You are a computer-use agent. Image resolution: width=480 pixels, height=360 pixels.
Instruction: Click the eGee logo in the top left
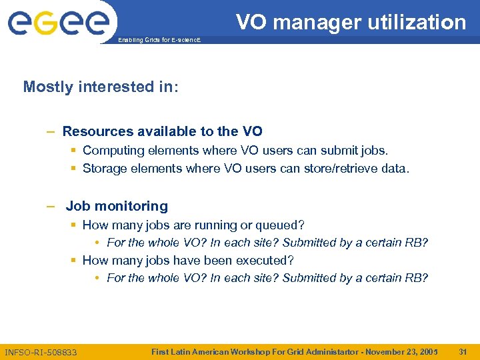58,23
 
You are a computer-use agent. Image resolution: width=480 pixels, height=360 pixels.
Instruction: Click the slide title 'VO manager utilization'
351,22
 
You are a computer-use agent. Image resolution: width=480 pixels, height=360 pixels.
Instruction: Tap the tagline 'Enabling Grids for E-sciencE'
159,41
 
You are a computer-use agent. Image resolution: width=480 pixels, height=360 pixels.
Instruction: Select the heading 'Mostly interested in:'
101,87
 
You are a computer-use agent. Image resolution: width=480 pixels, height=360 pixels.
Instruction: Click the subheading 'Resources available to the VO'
162,131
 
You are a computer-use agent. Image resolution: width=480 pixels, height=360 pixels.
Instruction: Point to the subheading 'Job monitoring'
117,206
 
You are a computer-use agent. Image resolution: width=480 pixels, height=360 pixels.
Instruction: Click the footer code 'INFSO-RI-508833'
41,351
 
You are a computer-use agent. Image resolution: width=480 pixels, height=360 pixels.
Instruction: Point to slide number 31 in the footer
463,351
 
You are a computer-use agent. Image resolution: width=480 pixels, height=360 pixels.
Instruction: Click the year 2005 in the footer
427,351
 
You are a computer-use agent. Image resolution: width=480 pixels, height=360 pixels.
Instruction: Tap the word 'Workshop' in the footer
248,351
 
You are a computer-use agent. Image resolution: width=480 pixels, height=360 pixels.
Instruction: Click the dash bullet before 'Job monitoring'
51,206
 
